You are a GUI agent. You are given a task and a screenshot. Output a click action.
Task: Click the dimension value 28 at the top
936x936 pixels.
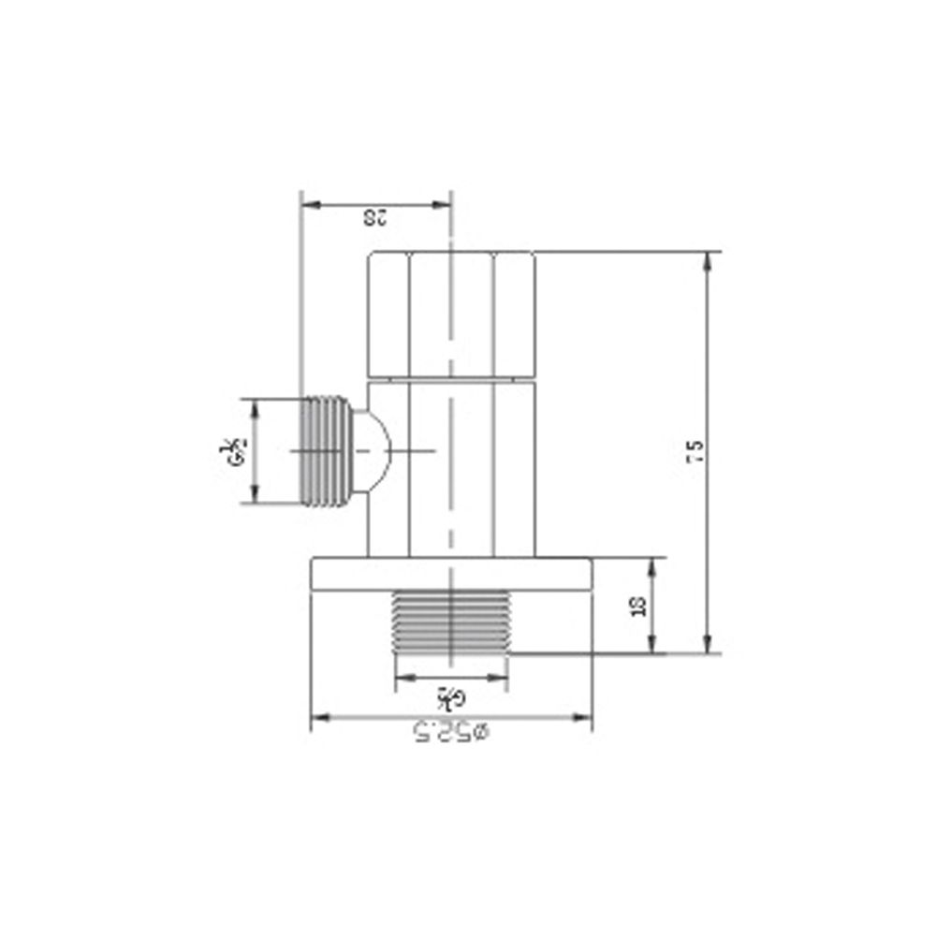[x=374, y=218]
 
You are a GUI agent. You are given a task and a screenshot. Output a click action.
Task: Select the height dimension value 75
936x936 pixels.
[x=695, y=452]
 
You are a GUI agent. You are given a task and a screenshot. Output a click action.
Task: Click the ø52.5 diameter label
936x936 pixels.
[x=451, y=732]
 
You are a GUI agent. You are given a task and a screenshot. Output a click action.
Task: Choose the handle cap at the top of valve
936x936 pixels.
[x=451, y=314]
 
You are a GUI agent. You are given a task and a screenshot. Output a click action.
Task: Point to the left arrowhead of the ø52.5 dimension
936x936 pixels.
[x=316, y=718]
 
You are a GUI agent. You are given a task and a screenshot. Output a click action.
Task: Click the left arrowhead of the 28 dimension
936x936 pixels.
[x=306, y=203]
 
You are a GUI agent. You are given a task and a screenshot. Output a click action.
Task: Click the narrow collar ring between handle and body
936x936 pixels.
[x=451, y=379]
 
